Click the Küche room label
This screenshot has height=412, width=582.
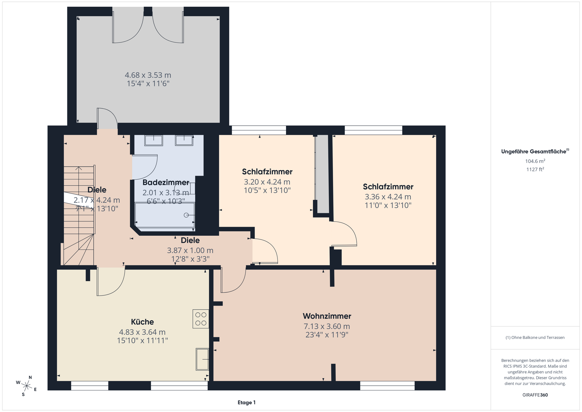(x=142, y=322)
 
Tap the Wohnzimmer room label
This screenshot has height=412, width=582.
(x=327, y=316)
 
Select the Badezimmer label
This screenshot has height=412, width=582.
(x=166, y=182)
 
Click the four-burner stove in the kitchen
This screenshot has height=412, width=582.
(x=201, y=319)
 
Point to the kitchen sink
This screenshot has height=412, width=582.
(x=202, y=359)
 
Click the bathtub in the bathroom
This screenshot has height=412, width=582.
(x=165, y=215)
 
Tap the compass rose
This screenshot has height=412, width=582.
(x=26, y=386)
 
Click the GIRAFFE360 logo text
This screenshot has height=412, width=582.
(x=535, y=395)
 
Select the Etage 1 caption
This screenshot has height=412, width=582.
(x=247, y=403)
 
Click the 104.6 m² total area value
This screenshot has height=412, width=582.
(x=535, y=161)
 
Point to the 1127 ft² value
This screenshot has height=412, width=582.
(x=535, y=169)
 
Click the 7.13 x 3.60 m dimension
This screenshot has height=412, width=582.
(x=327, y=326)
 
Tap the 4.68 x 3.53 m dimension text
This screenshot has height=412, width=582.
(x=148, y=75)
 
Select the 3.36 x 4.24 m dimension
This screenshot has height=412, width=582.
(x=388, y=197)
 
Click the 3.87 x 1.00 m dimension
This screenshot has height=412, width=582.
(x=190, y=251)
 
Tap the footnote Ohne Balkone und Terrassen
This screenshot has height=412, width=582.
(x=535, y=337)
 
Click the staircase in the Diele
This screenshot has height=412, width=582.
(x=79, y=215)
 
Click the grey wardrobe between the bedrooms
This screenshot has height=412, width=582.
(x=322, y=174)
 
